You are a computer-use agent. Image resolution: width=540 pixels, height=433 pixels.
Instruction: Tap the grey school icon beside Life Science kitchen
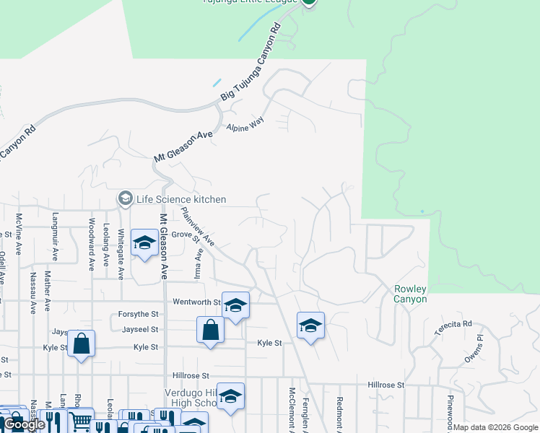[x=125, y=198]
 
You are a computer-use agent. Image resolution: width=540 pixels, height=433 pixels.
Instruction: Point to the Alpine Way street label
[x=245, y=123]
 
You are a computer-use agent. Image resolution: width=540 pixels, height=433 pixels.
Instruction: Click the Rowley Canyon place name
[x=411, y=294]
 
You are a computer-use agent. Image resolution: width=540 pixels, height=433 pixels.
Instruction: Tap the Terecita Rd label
[x=453, y=329]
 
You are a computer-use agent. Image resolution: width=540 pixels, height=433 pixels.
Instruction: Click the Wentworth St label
[x=196, y=302]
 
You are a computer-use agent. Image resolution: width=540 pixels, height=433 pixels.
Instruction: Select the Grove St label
[x=184, y=235]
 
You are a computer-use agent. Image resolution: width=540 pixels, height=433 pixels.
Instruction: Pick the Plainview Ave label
[x=198, y=226]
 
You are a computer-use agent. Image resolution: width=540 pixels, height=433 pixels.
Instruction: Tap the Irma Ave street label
[x=198, y=263]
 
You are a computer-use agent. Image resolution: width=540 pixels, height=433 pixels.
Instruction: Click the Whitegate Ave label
[x=121, y=248]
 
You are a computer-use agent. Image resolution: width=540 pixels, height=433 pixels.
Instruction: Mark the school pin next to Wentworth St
[x=235, y=305]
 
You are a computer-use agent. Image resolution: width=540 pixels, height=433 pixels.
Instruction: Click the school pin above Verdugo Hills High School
[x=230, y=396]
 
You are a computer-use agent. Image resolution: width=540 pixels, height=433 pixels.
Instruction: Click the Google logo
[x=25, y=425]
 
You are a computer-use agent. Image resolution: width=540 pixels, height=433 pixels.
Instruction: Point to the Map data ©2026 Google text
[x=495, y=427]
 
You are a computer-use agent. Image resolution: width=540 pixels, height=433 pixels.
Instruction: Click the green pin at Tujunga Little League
[x=309, y=1]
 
